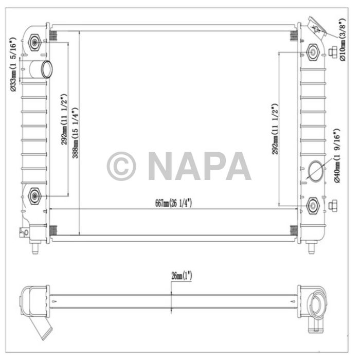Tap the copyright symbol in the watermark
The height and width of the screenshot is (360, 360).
coord(121,166)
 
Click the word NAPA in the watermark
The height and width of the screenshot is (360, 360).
coord(199,166)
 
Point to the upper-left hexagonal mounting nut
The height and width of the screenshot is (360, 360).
coord(35,42)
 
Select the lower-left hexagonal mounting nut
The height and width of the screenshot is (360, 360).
coord(35,194)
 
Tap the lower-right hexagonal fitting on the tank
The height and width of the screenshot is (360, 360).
coord(313,205)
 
